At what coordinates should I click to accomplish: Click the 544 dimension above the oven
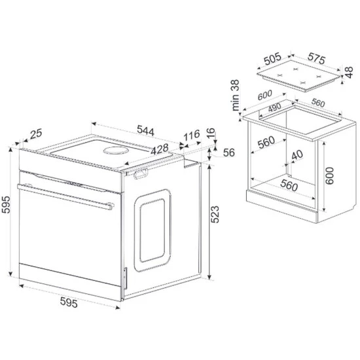145,130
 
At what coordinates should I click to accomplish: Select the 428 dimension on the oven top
160,149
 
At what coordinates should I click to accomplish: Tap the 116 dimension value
192,135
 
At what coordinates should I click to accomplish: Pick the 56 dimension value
229,153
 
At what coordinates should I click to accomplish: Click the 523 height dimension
215,215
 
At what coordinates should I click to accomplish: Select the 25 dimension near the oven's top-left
36,134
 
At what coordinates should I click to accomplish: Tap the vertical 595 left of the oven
6,205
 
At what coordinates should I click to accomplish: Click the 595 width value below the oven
69,302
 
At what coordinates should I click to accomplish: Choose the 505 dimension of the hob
272,58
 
